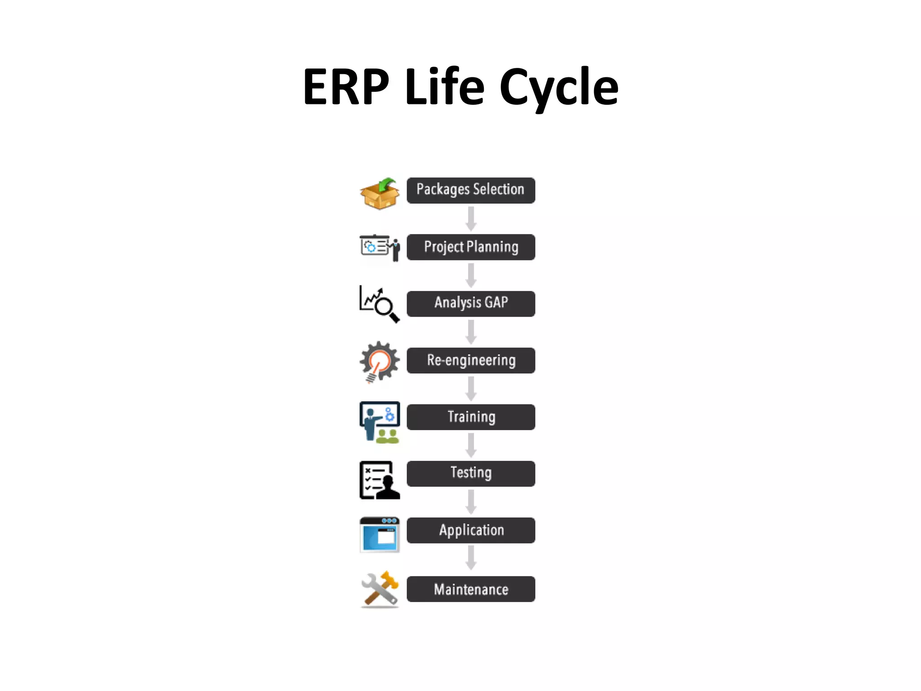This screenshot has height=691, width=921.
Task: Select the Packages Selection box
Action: [x=471, y=190]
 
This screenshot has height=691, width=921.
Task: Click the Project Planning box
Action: [x=471, y=247]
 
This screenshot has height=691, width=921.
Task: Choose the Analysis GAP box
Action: [x=471, y=304]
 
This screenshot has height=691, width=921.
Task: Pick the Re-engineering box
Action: [x=471, y=360]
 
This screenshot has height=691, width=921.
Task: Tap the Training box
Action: [x=471, y=417]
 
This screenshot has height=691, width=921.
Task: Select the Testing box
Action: [x=471, y=473]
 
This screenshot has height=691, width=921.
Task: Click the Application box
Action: [x=471, y=530]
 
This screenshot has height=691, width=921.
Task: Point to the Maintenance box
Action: [x=471, y=589]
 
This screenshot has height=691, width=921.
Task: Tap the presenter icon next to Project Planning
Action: [x=380, y=247]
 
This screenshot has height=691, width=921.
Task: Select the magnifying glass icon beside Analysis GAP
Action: [x=380, y=304]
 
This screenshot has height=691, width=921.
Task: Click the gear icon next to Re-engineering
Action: [x=380, y=361]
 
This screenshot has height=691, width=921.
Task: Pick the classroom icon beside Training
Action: [x=380, y=422]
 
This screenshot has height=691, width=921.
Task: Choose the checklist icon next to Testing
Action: [x=380, y=480]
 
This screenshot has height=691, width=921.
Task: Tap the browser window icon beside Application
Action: [x=380, y=534]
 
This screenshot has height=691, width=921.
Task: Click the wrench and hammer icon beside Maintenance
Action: [x=380, y=589]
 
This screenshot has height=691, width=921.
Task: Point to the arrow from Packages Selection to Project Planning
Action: [x=471, y=219]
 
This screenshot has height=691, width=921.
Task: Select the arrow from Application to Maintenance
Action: [x=471, y=558]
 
